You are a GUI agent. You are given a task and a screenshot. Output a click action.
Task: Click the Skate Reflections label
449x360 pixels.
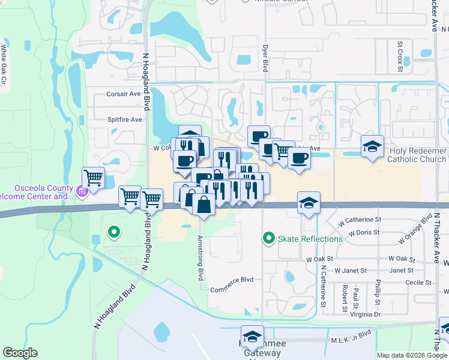[310, 239]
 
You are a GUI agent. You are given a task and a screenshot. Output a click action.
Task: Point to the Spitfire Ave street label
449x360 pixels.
[124, 119]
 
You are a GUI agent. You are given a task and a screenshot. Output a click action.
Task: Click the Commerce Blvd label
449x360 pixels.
[232, 280]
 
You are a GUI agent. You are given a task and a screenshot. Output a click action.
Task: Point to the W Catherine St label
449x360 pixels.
[360, 220]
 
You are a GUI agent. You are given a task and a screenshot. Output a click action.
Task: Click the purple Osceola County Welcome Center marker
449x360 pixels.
[82, 193]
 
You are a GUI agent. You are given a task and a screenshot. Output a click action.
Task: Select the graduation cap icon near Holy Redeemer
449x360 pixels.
[372, 146]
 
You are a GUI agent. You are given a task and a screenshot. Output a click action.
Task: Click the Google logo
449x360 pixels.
[20, 353]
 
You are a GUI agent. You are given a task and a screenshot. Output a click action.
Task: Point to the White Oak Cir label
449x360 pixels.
[4, 65]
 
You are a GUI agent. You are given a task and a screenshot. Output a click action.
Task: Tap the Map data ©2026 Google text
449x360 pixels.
[412, 355]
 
